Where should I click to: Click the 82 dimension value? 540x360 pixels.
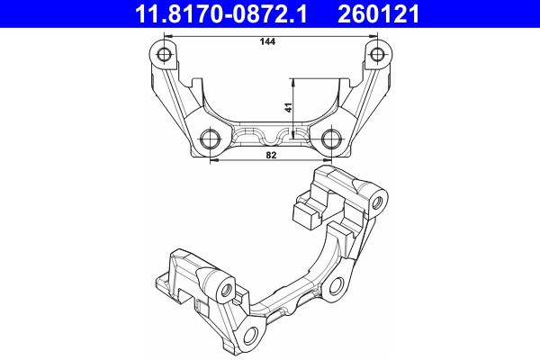(x=270, y=156)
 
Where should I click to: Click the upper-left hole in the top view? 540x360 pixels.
(x=164, y=56)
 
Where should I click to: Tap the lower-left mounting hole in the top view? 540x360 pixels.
(x=211, y=139)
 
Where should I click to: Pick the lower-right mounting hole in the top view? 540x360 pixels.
(x=332, y=139)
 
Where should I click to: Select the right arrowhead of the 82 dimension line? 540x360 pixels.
(x=328, y=162)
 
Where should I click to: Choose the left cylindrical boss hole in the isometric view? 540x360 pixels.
(x=228, y=290)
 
